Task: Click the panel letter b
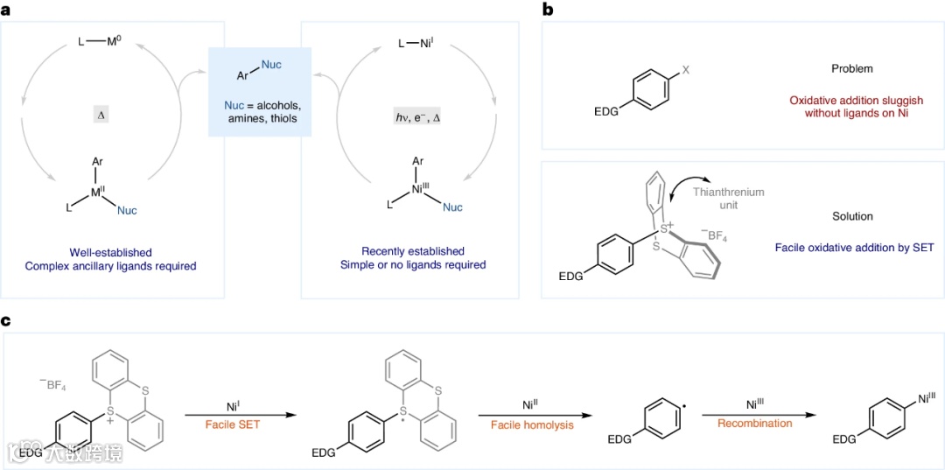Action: pos(548,10)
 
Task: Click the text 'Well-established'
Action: pos(110,251)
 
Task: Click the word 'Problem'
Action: pos(852,68)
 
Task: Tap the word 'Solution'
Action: pos(852,215)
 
